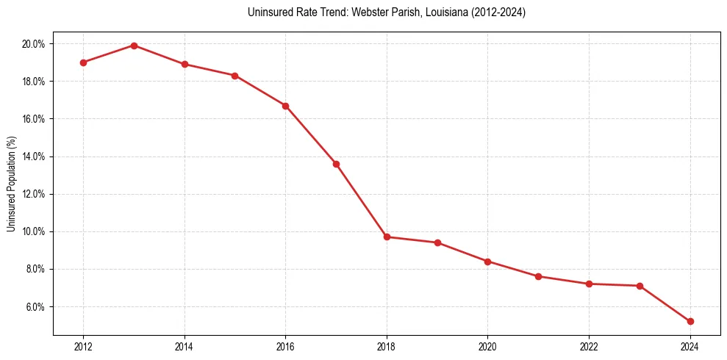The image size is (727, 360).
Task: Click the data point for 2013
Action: pyautogui.click(x=134, y=46)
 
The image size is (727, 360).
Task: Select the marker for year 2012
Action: pyautogui.click(x=83, y=62)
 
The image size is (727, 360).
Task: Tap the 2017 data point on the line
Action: pyautogui.click(x=336, y=164)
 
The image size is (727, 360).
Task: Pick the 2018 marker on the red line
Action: pyautogui.click(x=387, y=237)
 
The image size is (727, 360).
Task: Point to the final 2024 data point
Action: pyautogui.click(x=690, y=321)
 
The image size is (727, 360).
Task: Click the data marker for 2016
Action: pyautogui.click(x=285, y=106)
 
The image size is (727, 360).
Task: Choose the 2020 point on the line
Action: pyautogui.click(x=488, y=262)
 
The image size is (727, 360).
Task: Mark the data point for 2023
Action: pyautogui.click(x=640, y=286)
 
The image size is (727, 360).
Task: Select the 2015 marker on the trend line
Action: pyautogui.click(x=234, y=76)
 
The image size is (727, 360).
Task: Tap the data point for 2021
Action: pyautogui.click(x=538, y=276)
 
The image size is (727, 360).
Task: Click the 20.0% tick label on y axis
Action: pyautogui.click(x=33, y=44)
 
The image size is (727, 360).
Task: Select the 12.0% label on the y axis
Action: pyautogui.click(x=33, y=194)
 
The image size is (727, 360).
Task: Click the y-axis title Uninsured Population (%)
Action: pyautogui.click(x=12, y=184)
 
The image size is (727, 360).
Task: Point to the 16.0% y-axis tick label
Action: pyautogui.click(x=33, y=119)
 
